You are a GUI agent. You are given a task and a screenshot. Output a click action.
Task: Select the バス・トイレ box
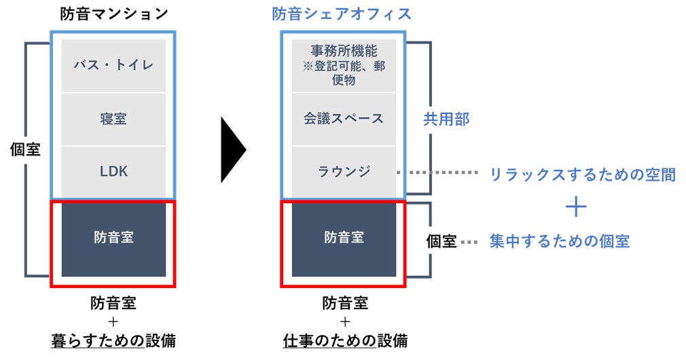113,65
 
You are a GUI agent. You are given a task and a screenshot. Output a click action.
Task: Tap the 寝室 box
113,119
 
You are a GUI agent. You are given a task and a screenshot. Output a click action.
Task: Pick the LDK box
113,171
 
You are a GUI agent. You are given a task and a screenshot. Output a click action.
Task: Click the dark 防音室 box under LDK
113,238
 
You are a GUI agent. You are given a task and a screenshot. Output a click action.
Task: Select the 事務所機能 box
344,65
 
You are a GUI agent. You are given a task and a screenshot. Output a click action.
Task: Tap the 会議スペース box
344,119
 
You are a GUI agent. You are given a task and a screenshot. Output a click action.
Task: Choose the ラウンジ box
344,171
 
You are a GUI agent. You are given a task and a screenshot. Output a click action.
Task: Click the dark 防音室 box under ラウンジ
344,238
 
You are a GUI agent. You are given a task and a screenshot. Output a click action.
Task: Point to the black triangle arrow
232,149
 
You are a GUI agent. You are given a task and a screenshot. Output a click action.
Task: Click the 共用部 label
446,120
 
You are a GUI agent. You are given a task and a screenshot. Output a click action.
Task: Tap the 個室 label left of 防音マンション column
26,149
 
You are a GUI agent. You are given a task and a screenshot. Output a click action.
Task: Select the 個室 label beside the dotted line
441,241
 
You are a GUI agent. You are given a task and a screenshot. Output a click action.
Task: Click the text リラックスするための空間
582,175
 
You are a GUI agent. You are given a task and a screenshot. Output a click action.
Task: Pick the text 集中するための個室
559,241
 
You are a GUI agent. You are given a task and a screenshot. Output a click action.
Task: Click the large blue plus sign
575,206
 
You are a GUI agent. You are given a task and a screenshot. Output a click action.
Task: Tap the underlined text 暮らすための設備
113,340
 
